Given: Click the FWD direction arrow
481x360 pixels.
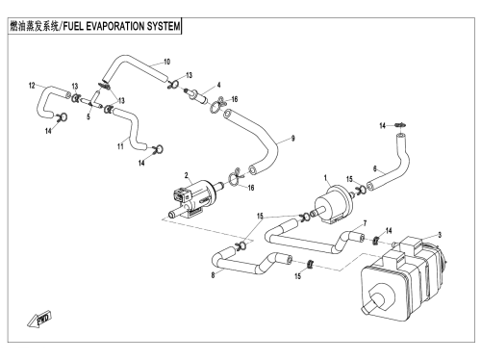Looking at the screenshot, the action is tap(39, 320).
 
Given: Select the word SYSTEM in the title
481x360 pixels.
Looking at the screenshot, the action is tap(164, 26).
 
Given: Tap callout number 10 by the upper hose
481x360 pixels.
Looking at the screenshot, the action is tap(166, 62).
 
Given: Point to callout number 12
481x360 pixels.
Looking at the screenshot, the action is tap(32, 86).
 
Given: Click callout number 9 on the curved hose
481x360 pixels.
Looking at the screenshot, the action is tap(292, 139).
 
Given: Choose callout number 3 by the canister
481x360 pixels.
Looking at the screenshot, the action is tap(440, 235).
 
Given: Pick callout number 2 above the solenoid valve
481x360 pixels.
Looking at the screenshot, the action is tap(186, 175).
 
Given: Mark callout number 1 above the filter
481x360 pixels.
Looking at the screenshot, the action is tap(325, 177).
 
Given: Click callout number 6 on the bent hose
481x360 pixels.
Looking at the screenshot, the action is tap(374, 168).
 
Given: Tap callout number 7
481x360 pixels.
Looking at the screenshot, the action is tap(365, 223).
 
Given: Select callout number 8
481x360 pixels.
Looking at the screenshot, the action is tap(213, 275).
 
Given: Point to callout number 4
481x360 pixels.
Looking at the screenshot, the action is tap(218, 85).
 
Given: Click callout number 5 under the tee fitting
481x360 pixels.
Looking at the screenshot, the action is tap(89, 116).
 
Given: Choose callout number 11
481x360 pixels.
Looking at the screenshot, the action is tap(120, 146).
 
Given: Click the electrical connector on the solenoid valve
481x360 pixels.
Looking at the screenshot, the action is tap(180, 195).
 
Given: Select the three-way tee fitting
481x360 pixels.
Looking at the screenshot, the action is tap(92, 100).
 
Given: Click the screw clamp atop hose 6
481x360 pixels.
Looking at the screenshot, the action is tap(401, 124).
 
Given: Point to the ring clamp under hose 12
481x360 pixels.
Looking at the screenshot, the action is tap(62, 117).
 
